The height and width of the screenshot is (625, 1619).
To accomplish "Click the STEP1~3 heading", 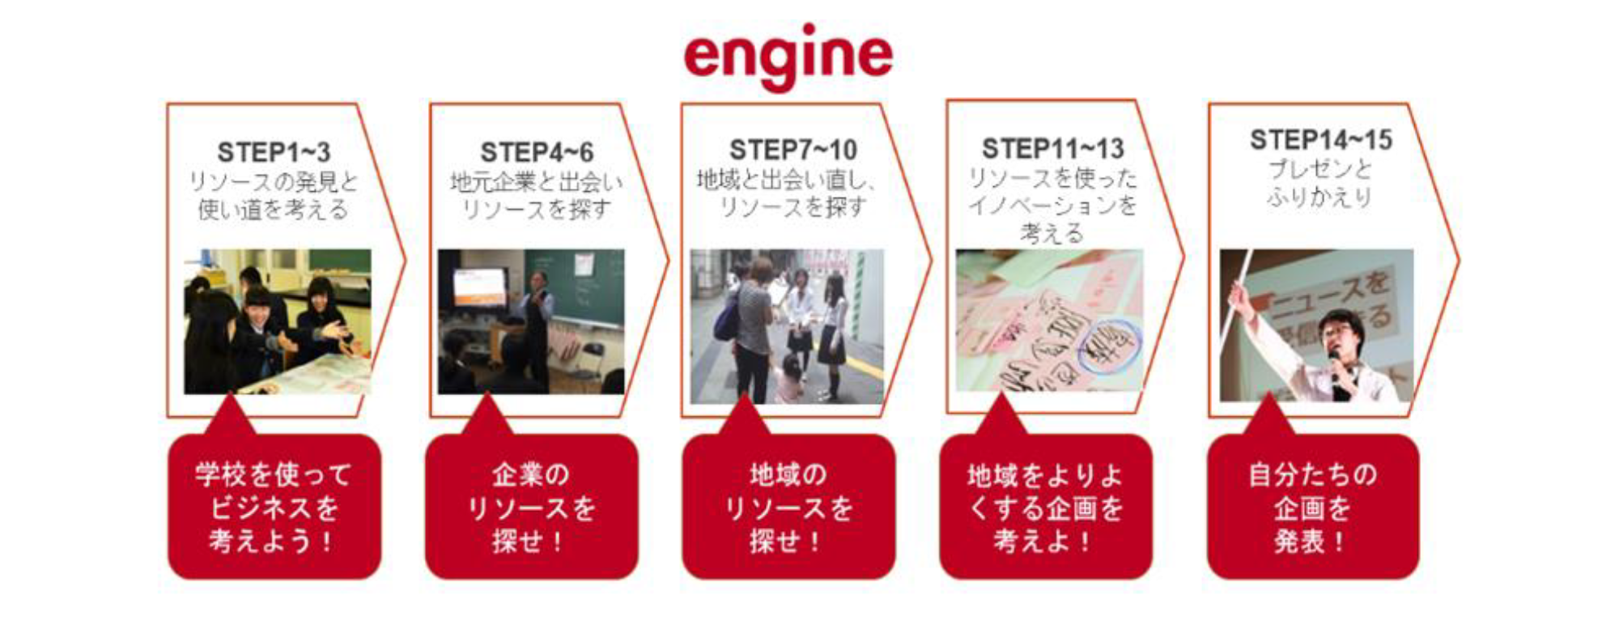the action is coord(274,152).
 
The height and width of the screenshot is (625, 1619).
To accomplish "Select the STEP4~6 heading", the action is coord(537,152).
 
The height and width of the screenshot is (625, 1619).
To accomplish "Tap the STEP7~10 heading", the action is coord(793,150).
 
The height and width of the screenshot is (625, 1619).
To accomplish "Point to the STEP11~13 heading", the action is coord(1053,148).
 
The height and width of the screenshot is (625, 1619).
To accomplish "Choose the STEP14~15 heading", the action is coord(1321,139).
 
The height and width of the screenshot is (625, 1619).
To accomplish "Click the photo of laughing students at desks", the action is coord(278,321).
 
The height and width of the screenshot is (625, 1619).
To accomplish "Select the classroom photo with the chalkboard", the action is coord(531,321).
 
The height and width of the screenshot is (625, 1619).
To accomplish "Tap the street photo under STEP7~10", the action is coord(787,326).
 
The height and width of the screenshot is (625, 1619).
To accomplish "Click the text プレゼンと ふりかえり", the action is coord(1320,183).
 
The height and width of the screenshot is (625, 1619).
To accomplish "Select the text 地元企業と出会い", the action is coord(537,181).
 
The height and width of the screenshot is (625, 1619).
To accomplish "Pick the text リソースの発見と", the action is coord(274,181).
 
